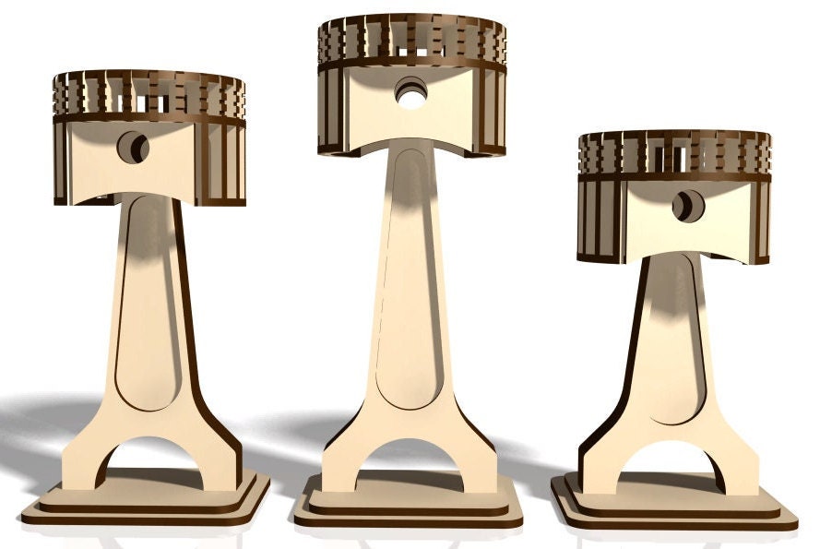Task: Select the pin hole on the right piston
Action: [686, 206]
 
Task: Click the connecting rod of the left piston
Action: [149, 304]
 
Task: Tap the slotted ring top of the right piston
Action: [674, 152]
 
